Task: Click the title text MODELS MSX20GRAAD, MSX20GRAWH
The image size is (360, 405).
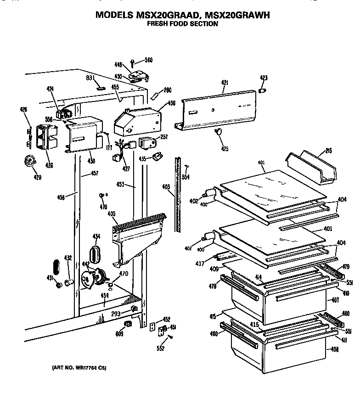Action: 182,15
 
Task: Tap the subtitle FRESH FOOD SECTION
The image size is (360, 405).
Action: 182,24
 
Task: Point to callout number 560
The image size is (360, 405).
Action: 148,60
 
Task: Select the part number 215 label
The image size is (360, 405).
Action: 329,151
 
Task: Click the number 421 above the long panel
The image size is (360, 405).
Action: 225,83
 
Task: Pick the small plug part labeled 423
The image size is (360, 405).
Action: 263,91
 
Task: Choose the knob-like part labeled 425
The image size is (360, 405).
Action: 219,133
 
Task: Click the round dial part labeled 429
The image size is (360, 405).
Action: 31,162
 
